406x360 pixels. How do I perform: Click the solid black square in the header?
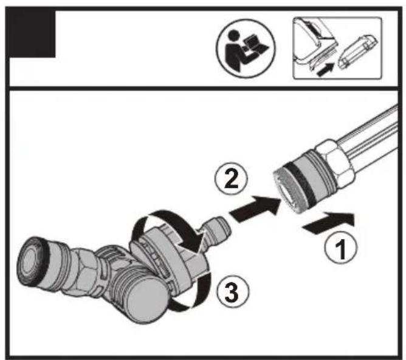(x=31, y=36)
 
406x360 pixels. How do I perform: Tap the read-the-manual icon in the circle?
(x=246, y=46)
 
